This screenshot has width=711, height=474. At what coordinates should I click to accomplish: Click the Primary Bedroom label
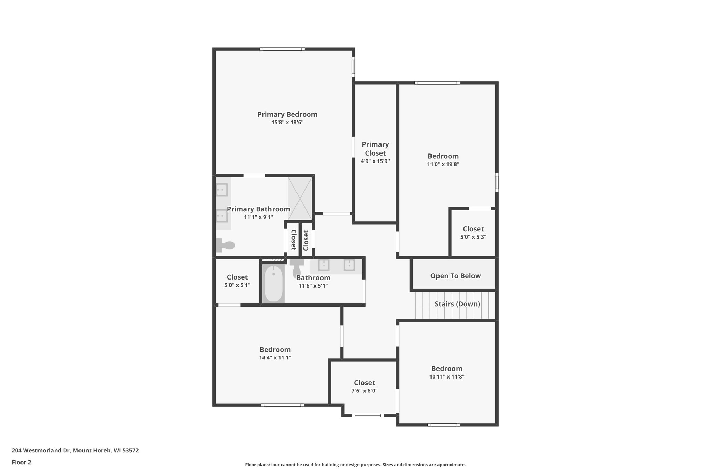287,114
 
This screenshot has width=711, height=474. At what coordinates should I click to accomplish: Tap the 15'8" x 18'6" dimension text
287,123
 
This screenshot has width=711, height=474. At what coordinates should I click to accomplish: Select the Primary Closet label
375,149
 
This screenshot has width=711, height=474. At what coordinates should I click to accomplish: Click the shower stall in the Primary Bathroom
300,198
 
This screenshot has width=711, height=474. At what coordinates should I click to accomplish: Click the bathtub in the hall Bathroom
273,284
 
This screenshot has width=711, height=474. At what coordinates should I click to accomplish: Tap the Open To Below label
455,276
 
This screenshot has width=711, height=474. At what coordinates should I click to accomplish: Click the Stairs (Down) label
457,304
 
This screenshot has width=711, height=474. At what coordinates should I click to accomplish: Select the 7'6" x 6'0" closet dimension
364,391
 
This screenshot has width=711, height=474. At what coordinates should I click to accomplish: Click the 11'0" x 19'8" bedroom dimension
443,164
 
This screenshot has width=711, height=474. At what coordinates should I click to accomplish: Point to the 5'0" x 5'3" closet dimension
473,237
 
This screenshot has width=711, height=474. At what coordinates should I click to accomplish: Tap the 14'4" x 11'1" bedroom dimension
275,358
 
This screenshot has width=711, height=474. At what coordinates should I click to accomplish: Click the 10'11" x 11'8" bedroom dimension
446,377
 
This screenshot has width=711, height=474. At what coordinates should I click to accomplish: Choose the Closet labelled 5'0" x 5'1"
237,277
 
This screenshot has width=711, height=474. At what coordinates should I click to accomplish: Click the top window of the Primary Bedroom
282,49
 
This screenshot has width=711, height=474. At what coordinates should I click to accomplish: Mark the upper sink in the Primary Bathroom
222,190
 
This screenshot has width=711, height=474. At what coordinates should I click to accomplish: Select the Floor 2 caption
21,462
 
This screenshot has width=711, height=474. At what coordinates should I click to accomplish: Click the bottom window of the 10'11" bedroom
443,425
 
